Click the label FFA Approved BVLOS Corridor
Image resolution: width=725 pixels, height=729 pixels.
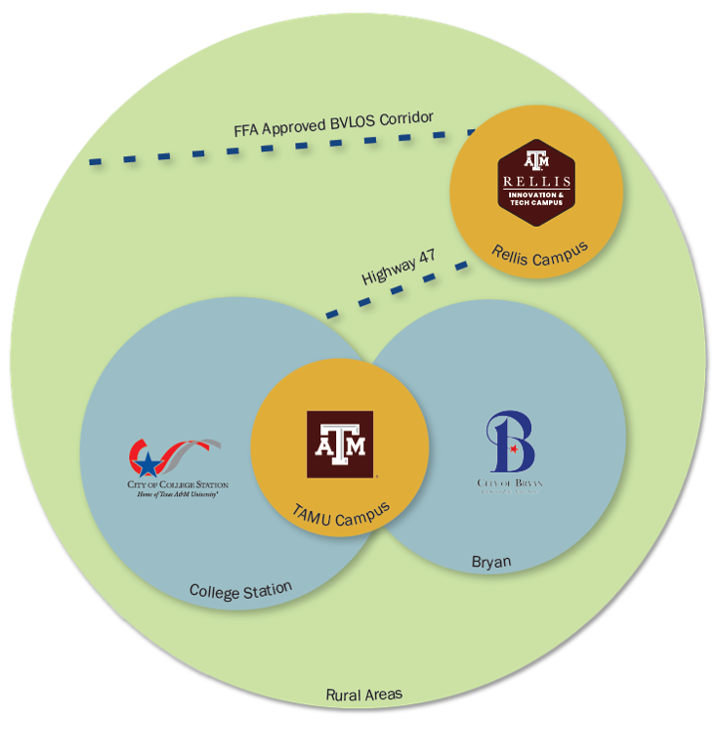(x=333, y=123)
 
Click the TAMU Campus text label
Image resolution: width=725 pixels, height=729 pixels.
(x=340, y=511)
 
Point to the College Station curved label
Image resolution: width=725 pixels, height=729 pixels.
(x=241, y=590)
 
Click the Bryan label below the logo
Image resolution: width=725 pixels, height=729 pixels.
(x=491, y=563)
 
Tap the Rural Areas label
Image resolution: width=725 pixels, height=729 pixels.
(x=364, y=694)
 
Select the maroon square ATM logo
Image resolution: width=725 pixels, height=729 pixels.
(x=340, y=444)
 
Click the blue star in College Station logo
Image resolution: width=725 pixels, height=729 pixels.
(x=147, y=462)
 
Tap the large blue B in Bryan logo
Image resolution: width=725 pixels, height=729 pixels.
(x=513, y=444)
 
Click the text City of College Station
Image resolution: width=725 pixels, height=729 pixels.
(x=175, y=484)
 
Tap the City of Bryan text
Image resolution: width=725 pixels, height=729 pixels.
(x=510, y=483)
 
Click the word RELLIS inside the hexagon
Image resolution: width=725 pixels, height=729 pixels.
(x=536, y=182)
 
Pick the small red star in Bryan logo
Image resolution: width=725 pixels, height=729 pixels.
(x=513, y=451)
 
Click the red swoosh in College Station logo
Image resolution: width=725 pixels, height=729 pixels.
(x=189, y=449)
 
